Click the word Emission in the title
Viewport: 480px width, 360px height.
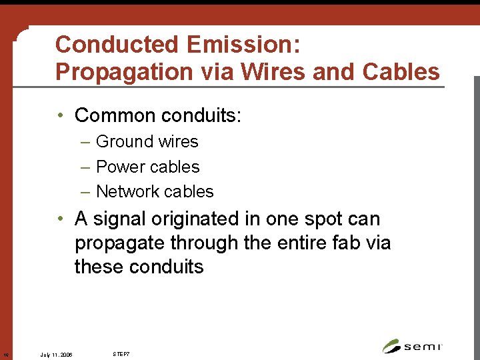point(243,45)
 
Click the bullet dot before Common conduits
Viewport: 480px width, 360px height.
point(60,115)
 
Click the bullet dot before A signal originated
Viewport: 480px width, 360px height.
point(60,219)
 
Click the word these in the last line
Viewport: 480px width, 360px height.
point(99,267)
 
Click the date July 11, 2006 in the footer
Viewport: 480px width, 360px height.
point(56,354)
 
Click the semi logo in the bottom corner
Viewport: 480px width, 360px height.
point(413,346)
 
